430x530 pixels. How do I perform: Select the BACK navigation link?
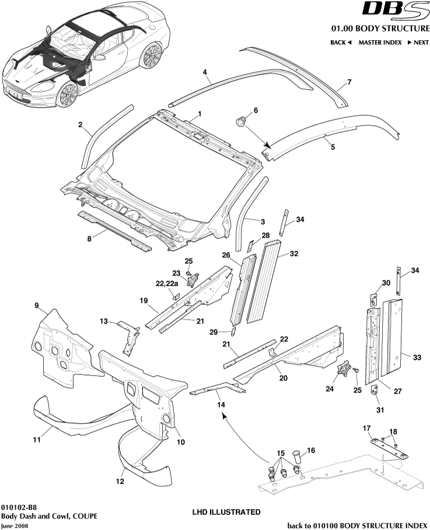pyautogui.click(x=341, y=43)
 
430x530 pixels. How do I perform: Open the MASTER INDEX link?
pyautogui.click(x=380, y=43)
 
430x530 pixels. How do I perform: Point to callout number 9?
pyautogui.click(x=36, y=305)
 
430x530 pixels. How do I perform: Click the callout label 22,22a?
pyautogui.click(x=166, y=283)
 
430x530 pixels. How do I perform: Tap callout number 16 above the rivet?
pyautogui.click(x=310, y=450)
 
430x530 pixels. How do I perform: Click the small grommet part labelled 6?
pyautogui.click(x=240, y=121)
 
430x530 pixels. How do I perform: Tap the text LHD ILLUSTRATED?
pyautogui.click(x=226, y=512)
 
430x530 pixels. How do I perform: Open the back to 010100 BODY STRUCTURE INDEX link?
pyautogui.click(x=358, y=525)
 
